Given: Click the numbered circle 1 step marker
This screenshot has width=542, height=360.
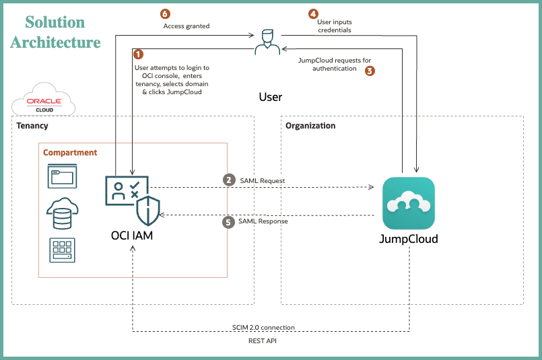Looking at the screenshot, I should (x=139, y=53).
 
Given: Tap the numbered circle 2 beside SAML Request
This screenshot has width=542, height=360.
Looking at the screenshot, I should (x=230, y=180).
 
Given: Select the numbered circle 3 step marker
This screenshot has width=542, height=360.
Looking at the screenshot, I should (x=370, y=69).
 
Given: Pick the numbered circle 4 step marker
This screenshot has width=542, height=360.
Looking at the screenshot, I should (x=313, y=13).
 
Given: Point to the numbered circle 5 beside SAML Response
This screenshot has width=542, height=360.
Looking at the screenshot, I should (x=230, y=221).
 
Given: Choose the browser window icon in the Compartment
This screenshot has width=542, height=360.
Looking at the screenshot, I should (x=61, y=177).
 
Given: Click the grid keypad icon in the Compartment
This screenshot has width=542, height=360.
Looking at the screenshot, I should (x=62, y=250).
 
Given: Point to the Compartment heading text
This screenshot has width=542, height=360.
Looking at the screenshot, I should (x=70, y=153).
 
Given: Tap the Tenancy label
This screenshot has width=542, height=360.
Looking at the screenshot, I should (x=32, y=126).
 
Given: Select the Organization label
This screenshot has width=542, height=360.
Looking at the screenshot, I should (x=310, y=126).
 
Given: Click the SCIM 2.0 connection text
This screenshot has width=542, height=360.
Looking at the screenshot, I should (x=263, y=328).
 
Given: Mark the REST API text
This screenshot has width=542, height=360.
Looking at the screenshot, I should (x=263, y=341).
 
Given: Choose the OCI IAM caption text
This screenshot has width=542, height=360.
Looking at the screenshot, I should (x=132, y=235).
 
